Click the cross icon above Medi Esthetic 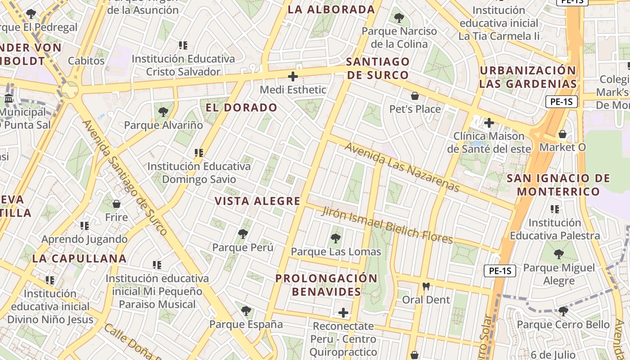click(293, 76)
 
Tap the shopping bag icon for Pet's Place click(415, 96)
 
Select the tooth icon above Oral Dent click(426, 286)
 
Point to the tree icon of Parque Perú click(243, 234)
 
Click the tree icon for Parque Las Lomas click(336, 238)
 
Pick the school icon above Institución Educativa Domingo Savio click(199, 153)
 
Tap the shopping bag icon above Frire click(117, 204)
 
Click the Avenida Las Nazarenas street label click(402, 167)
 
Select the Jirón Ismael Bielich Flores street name click(387, 225)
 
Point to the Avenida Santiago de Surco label click(125, 178)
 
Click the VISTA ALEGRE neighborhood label click(257, 201)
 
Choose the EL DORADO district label click(241, 108)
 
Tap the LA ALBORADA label click(331, 9)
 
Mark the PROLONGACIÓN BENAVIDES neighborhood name click(326, 285)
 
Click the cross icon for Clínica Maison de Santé click(489, 122)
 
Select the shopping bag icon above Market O click(562, 134)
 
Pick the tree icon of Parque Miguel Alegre click(559, 254)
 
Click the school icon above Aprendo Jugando click(85, 226)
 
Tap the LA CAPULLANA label click(79, 258)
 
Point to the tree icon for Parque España click(246, 310)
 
